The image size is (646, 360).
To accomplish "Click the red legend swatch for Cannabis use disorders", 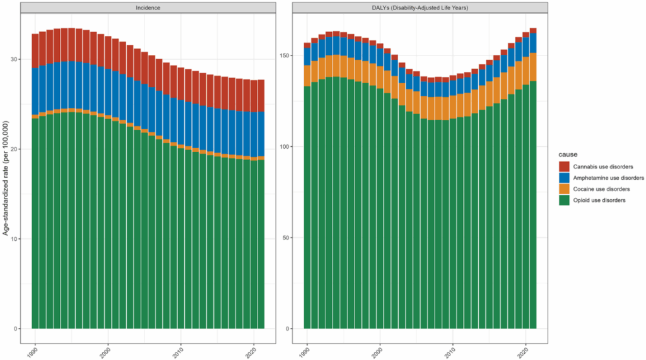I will pyautogui.click(x=565, y=166).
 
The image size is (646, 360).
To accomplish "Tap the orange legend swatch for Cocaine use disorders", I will pyautogui.click(x=565, y=189).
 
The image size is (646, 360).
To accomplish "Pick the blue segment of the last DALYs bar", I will pyautogui.click(x=533, y=43).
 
